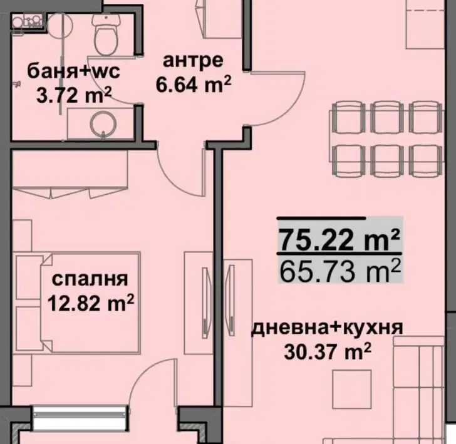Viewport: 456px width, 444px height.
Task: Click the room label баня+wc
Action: click(73, 71)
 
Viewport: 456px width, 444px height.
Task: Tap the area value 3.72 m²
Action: click(74, 95)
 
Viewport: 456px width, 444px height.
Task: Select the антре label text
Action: click(193, 61)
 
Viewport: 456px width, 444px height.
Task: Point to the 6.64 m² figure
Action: click(194, 85)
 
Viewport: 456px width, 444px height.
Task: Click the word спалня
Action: click(90, 280)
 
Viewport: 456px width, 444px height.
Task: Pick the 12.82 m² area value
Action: click(90, 303)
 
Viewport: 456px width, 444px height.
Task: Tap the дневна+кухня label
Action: click(327, 329)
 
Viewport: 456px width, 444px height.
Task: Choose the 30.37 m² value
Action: click(328, 351)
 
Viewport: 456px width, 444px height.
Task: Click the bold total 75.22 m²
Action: click(339, 240)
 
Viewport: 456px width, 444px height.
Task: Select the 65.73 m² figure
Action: click(339, 271)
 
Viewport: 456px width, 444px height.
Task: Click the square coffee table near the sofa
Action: click(352, 389)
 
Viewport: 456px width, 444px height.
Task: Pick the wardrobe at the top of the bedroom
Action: click(70, 174)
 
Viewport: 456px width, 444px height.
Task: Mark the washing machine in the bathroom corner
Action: click(27, 21)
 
